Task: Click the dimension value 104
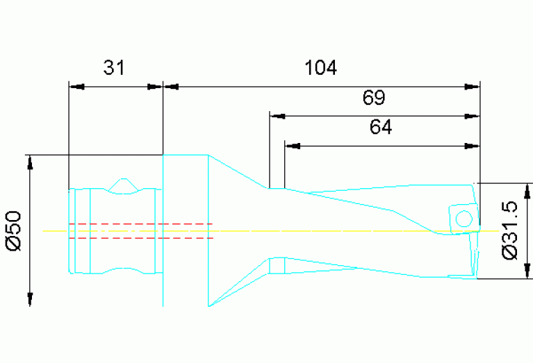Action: (x=320, y=67)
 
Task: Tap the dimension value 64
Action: (x=381, y=128)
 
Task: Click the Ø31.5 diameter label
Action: (x=511, y=230)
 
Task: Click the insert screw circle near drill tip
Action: (x=464, y=219)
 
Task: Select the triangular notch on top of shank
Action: (x=123, y=185)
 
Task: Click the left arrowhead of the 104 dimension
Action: (x=170, y=87)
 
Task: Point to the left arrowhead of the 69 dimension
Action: (x=277, y=116)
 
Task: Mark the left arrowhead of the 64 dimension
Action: (x=292, y=146)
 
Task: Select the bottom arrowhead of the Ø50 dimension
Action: (x=30, y=299)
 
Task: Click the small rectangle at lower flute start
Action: (x=277, y=265)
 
